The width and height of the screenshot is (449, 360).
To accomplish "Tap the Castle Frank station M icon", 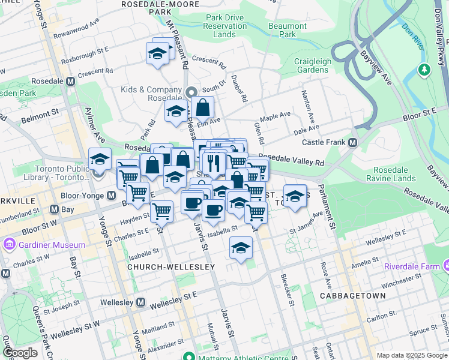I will (352, 142).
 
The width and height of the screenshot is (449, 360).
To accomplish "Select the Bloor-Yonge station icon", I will (112, 195).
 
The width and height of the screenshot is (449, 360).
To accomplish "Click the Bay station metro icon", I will (55, 209).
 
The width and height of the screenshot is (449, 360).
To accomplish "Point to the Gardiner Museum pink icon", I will (10, 244).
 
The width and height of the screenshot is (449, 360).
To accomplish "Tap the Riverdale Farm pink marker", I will (446, 265).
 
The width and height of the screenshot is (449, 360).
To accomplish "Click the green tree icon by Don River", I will (425, 70).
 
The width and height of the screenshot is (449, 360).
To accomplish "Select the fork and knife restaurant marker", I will (214, 162).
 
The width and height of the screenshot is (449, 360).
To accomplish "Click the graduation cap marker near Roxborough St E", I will (157, 53).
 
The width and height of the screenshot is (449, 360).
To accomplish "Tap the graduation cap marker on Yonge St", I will (100, 159).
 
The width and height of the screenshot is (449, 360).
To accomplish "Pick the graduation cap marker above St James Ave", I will (294, 196).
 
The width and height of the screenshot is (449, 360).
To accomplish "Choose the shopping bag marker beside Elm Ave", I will (203, 108).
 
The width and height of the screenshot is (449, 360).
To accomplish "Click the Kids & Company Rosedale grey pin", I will (191, 92).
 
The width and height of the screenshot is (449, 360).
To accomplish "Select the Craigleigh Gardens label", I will (311, 65).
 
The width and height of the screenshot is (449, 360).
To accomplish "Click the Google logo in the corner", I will (20, 353).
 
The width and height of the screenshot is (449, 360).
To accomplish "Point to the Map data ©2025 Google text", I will (411, 355).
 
